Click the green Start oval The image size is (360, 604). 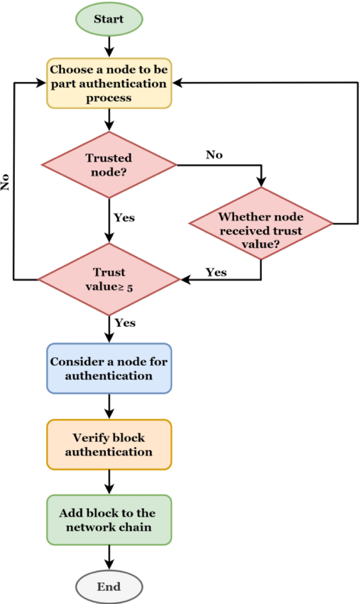tap(109, 19)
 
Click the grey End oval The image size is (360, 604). tap(109, 586)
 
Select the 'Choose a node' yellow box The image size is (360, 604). tap(109, 83)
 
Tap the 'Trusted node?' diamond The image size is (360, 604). tap(109, 164)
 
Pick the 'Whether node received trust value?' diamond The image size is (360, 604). tap(261, 223)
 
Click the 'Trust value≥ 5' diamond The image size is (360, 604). tap(109, 279)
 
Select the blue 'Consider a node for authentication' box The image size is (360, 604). tap(109, 368)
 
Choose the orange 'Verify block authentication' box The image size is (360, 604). tap(109, 444)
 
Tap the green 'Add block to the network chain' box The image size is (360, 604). tap(109, 519)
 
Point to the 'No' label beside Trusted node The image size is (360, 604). tap(214, 154)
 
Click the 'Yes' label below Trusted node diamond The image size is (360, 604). tap(125, 217)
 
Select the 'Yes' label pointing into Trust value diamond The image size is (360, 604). tap(216, 272)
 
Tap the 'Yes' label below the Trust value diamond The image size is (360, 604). tap(125, 322)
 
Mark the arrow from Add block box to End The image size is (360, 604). tap(109, 557)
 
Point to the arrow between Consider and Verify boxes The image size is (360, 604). tap(109, 406)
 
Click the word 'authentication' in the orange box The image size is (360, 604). tap(109, 452)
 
